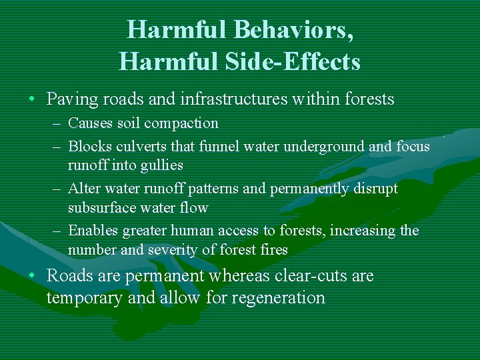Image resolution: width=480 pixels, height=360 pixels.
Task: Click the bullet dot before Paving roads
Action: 32,100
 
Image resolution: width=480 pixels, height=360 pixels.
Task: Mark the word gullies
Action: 162,165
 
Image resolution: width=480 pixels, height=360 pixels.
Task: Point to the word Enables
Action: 92,231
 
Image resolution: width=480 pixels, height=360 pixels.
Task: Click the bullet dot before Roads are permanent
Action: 32,276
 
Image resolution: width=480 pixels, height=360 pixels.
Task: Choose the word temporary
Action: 85,298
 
